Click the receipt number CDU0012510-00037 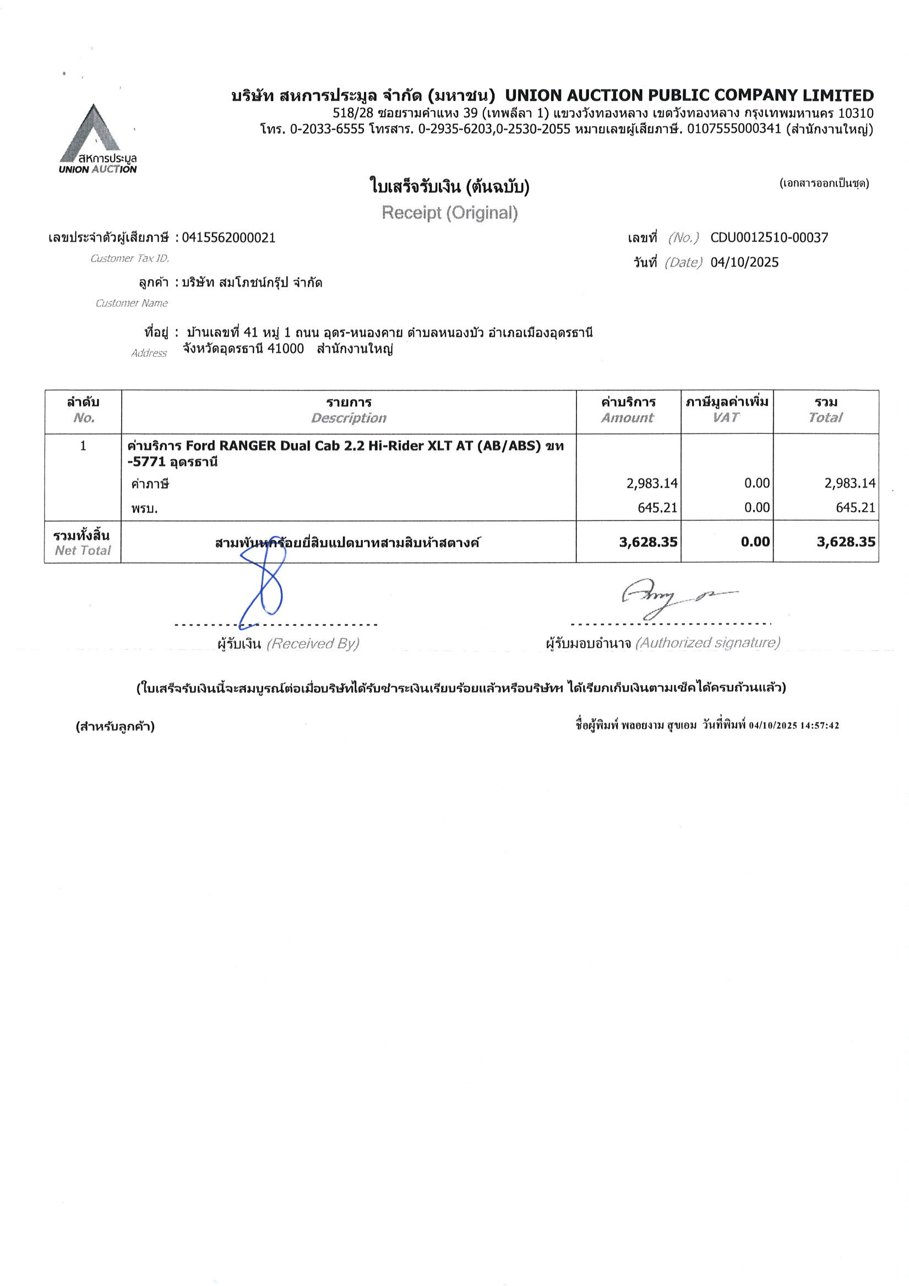(x=769, y=237)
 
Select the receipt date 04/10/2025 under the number (x=744, y=262)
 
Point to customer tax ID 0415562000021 (x=228, y=237)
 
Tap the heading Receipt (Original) (x=449, y=213)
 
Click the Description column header (x=349, y=418)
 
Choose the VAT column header (x=726, y=417)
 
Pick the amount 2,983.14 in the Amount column (x=651, y=483)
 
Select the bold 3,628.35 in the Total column (x=846, y=541)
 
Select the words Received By (x=313, y=644)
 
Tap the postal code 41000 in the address (x=286, y=349)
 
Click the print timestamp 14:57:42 (x=819, y=725)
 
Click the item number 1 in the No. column (x=83, y=446)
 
